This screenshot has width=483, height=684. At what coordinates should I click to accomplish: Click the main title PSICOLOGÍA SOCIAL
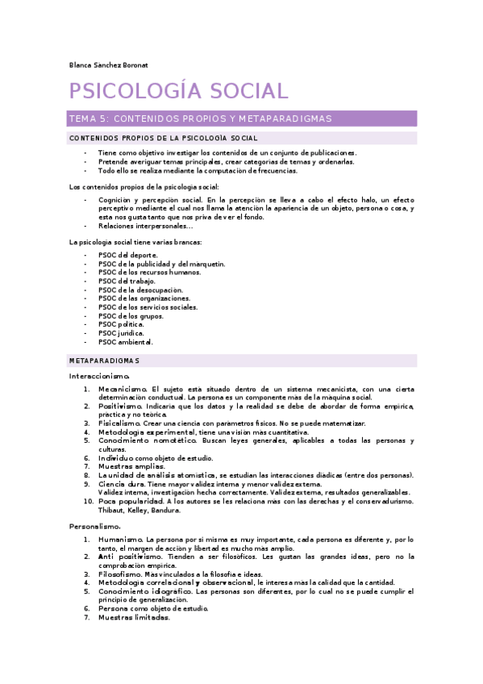[x=178, y=91]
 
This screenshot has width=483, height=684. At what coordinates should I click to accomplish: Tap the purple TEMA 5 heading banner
[x=242, y=119]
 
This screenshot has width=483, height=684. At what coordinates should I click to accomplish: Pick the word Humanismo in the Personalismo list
[x=120, y=539]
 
